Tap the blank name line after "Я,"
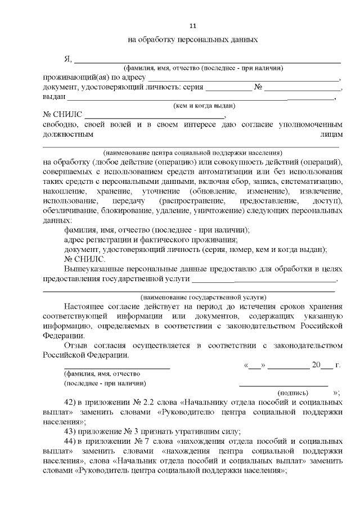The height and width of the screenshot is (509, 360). click(208, 60)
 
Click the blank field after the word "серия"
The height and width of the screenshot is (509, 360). click(228, 89)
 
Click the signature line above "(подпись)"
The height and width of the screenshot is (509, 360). click(283, 385)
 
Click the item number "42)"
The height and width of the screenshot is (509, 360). click(71, 403)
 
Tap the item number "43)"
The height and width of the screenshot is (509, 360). click(71, 431)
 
